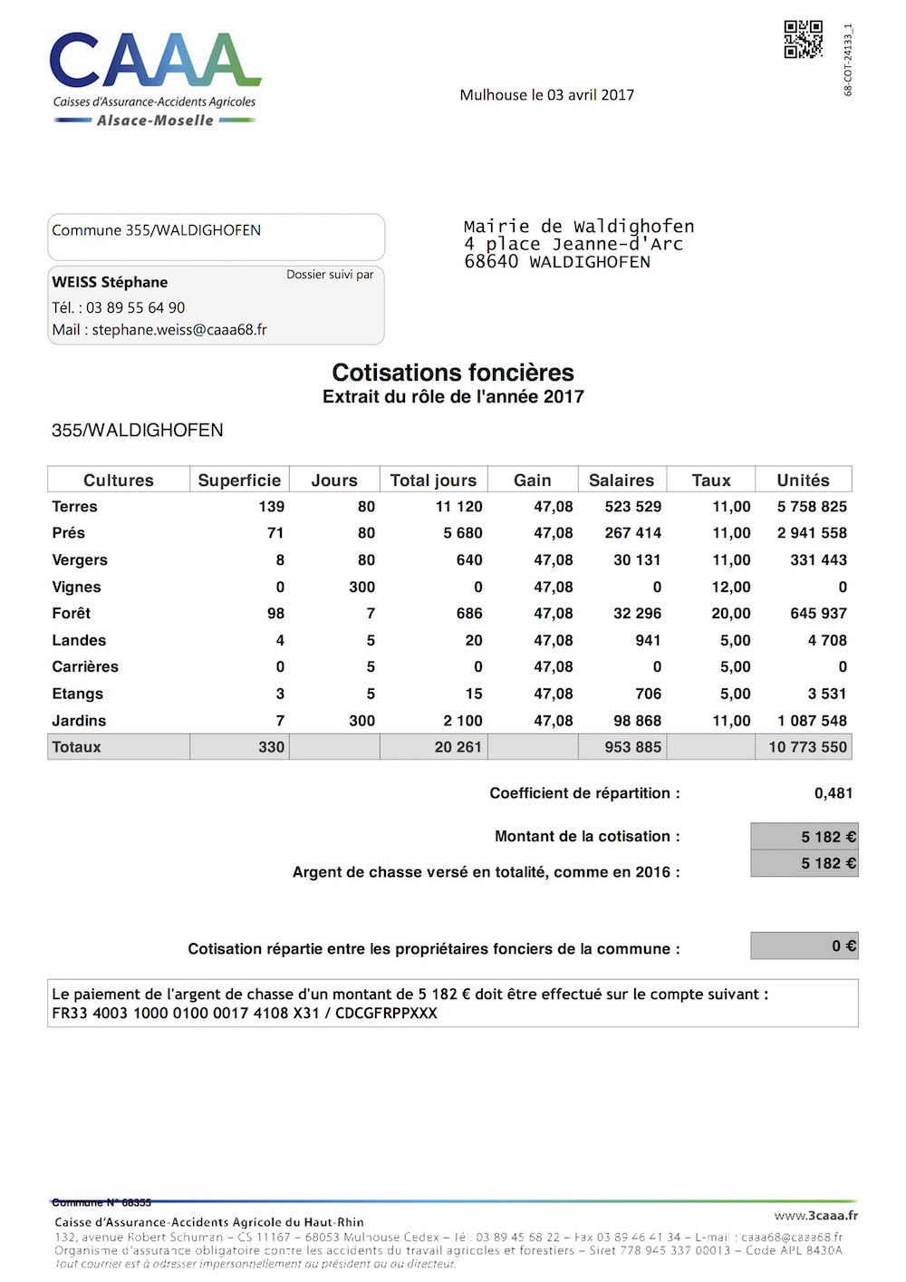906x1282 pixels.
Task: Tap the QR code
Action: click(803, 40)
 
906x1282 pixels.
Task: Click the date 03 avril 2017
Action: click(590, 95)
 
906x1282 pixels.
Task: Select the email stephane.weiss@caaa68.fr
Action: click(179, 330)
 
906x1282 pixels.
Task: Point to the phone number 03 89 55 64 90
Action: click(135, 308)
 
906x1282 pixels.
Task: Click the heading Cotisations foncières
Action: click(453, 373)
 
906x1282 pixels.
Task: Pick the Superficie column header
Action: click(239, 481)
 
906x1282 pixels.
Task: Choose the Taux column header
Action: click(711, 481)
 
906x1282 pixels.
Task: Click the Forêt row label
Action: click(72, 614)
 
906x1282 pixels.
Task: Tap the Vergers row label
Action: click(80, 560)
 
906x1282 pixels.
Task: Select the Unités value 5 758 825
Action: click(812, 507)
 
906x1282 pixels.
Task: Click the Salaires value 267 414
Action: click(632, 533)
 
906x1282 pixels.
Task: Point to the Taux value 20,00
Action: click(731, 614)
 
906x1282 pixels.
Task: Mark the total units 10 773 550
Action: click(807, 747)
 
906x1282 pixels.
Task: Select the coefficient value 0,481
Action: click(834, 793)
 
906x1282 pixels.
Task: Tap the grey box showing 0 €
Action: click(804, 947)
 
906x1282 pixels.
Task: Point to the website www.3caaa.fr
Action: click(815, 1216)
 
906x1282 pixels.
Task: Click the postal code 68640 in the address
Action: click(491, 262)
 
